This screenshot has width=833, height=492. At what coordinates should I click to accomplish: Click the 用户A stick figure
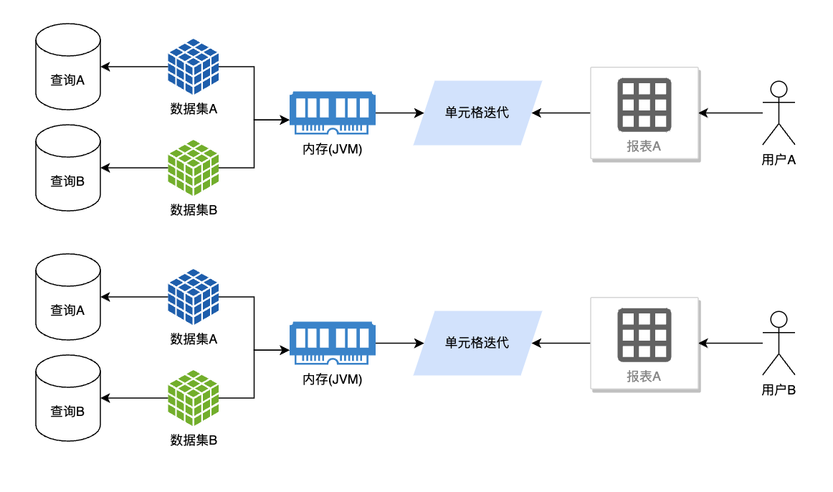point(779,113)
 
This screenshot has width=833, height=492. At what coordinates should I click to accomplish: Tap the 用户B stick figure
point(779,343)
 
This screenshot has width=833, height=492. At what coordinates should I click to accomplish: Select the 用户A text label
point(779,160)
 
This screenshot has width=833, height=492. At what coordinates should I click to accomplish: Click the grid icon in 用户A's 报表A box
point(644,105)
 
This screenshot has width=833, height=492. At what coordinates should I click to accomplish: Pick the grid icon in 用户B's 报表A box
point(644,335)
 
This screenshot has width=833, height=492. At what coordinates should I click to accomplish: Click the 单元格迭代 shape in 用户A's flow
point(477,113)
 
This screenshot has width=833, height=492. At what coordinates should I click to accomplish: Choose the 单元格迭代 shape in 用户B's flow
point(477,343)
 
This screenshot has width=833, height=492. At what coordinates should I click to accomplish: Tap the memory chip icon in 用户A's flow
point(333,113)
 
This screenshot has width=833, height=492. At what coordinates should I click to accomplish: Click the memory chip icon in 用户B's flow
point(333,344)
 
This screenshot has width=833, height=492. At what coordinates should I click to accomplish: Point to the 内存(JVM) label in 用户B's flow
point(333,379)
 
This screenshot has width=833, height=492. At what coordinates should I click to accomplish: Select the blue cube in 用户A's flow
point(194,67)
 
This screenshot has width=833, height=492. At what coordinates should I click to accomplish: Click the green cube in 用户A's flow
point(194,168)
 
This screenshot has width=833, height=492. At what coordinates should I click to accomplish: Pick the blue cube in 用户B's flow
point(194,296)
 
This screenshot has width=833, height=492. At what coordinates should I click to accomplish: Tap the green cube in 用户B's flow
point(194,398)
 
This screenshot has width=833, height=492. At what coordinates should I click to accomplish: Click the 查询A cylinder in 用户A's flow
point(68,67)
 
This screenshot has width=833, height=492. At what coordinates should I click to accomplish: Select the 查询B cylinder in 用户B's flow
point(68,398)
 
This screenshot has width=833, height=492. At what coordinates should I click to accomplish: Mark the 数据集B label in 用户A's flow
point(194,210)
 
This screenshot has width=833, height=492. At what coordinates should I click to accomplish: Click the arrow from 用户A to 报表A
point(730,113)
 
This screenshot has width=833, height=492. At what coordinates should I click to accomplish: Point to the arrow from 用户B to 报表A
point(730,343)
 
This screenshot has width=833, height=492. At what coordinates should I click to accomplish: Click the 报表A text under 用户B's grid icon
point(644,377)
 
